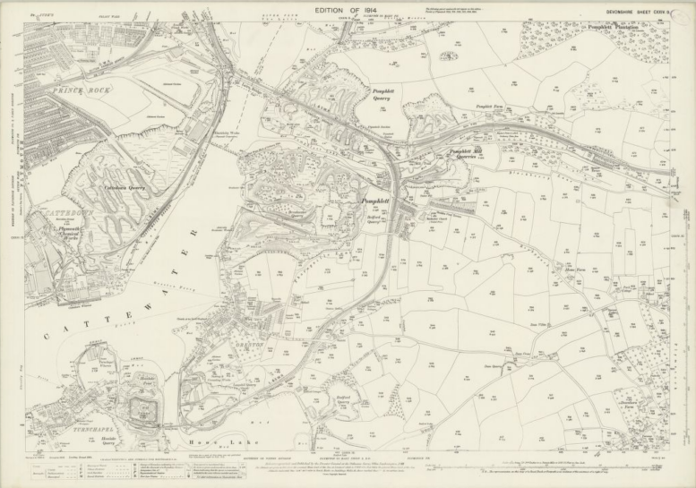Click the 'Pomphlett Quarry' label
[388, 96]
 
